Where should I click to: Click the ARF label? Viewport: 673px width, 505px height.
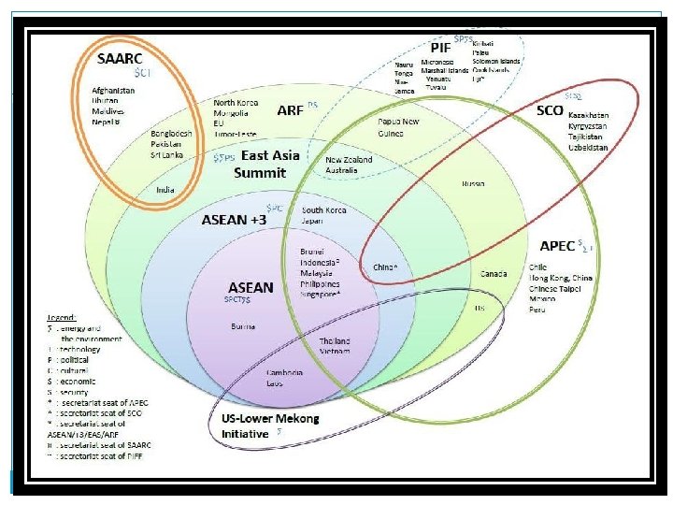tap(290, 109)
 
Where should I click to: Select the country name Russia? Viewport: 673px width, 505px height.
tap(473, 183)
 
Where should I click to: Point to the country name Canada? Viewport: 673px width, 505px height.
tap(494, 274)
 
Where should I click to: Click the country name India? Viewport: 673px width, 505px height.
tap(165, 189)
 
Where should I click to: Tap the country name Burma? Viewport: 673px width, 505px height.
tap(241, 326)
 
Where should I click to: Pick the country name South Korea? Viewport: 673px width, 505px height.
tap(324, 210)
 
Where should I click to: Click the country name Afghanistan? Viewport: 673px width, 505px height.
tap(114, 90)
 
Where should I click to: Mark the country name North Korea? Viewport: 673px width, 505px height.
tap(236, 102)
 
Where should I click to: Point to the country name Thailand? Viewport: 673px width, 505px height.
tap(335, 341)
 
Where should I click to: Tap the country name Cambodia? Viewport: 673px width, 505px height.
tap(286, 373)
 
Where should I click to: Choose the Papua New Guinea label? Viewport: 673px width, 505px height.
tap(398, 126)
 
